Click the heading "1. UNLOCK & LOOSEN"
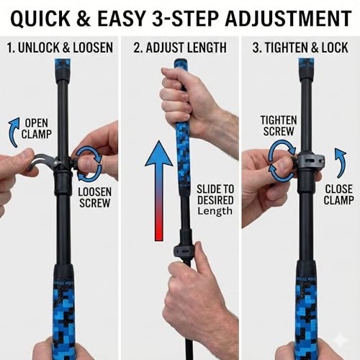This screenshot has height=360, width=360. (x=59, y=49)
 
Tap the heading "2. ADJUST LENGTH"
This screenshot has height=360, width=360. (x=180, y=49)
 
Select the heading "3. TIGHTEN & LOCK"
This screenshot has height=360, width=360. (x=300, y=49)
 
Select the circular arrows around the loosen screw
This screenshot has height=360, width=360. (x=89, y=160)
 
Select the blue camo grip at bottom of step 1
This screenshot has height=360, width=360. (x=63, y=306)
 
